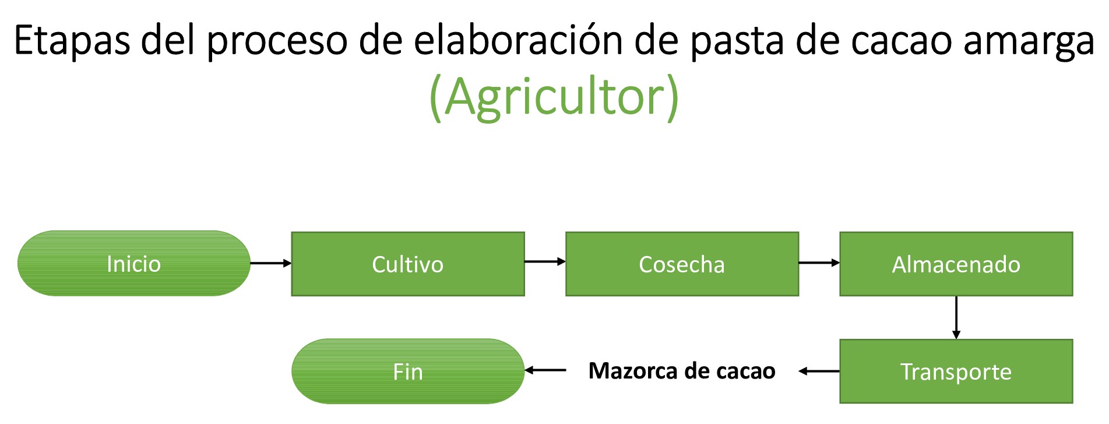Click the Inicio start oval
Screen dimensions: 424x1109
click(x=133, y=264)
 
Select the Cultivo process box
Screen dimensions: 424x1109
click(x=407, y=264)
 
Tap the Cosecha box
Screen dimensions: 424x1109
click(x=682, y=264)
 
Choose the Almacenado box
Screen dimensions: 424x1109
click(x=956, y=264)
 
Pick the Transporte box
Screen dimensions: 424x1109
click(x=956, y=372)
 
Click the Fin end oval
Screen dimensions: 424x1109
click(x=407, y=372)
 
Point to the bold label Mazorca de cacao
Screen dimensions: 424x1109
click(x=682, y=371)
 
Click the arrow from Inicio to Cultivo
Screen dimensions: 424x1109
click(x=270, y=263)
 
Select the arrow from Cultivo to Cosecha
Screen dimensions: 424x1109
click(x=545, y=261)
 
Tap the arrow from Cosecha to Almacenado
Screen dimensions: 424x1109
click(x=819, y=263)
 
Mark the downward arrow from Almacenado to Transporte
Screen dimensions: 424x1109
click(x=956, y=317)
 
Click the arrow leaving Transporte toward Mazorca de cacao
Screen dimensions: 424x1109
click(x=819, y=371)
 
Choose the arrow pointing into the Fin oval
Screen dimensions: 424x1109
click(x=545, y=370)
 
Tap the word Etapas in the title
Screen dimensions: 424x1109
click(x=71, y=41)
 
